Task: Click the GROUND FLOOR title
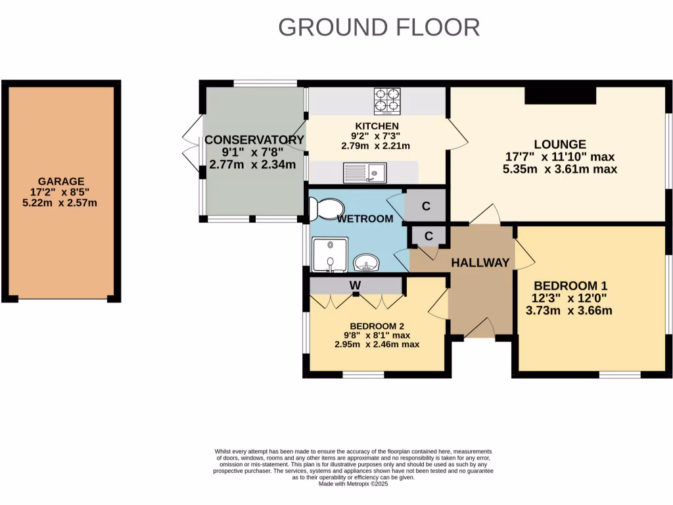coord(379,28)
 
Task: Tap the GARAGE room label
coord(60,181)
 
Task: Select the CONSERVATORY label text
coord(254,139)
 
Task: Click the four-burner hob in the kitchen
coord(387,101)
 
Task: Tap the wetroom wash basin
coord(365,264)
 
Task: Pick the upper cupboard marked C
coord(426,206)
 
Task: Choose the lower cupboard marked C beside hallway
coord(429,236)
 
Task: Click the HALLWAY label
coord(480,263)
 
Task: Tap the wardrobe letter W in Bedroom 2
coord(356,285)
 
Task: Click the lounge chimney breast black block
coord(560,96)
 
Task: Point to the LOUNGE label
coord(559,144)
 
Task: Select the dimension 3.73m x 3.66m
coord(569,310)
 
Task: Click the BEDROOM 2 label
coord(377,326)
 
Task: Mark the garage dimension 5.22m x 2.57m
coord(60,203)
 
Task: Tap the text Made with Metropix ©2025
coord(354,483)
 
